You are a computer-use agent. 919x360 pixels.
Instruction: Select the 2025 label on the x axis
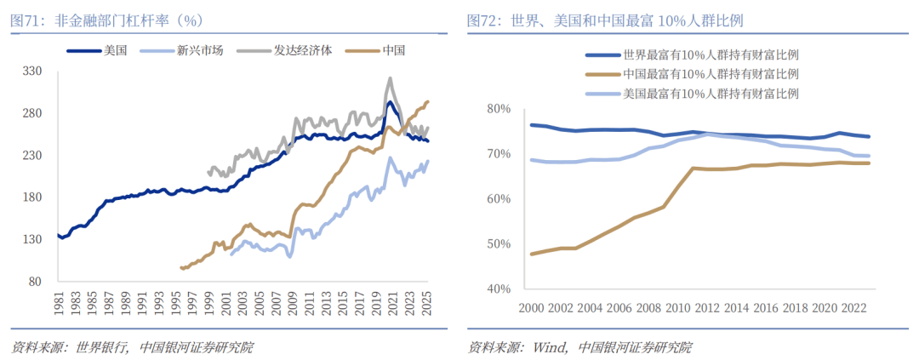[x=428, y=306]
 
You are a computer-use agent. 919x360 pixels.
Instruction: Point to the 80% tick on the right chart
[x=494, y=109]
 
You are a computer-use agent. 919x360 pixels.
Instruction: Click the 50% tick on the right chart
[x=494, y=244]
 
